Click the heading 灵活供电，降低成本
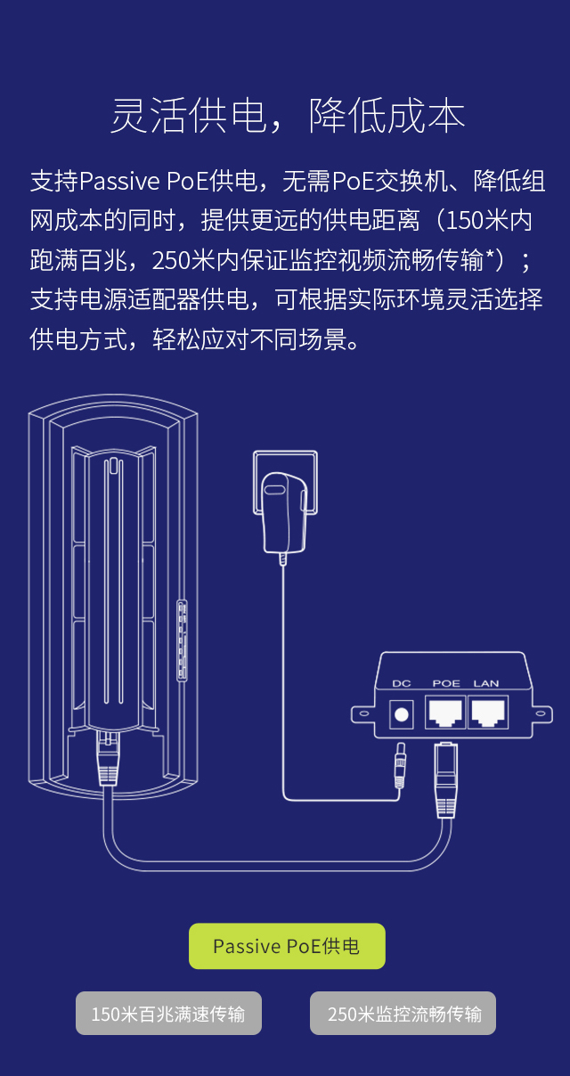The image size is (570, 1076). pyautogui.click(x=287, y=117)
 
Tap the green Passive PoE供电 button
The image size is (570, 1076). pyautogui.click(x=287, y=946)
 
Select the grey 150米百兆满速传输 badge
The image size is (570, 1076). pyautogui.click(x=168, y=1014)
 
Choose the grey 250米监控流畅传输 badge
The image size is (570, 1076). pyautogui.click(x=403, y=1014)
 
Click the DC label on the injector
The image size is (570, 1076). pyautogui.click(x=402, y=683)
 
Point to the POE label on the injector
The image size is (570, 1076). pyautogui.click(x=446, y=683)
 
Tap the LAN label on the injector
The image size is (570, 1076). pyautogui.click(x=486, y=683)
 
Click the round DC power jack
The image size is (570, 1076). pyautogui.click(x=403, y=713)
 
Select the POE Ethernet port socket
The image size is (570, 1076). pyautogui.click(x=445, y=712)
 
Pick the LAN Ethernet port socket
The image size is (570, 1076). pyautogui.click(x=487, y=712)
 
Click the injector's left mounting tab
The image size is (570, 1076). pyautogui.click(x=362, y=713)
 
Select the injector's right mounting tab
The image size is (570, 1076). pyautogui.click(x=540, y=713)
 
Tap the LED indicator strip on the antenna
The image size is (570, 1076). pyautogui.click(x=183, y=640)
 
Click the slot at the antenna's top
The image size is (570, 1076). pyautogui.click(x=113, y=467)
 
